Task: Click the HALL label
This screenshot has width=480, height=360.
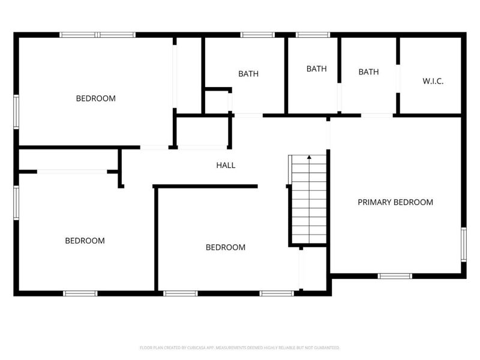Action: [226, 165]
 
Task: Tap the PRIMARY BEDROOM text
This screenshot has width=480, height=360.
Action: [395, 202]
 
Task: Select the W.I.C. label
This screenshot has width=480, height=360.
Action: [433, 81]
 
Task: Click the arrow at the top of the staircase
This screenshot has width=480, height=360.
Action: [309, 158]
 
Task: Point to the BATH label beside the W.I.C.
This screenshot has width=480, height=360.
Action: [368, 72]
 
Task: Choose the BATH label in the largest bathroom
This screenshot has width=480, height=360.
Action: [248, 74]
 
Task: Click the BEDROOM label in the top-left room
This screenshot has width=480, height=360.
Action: [95, 98]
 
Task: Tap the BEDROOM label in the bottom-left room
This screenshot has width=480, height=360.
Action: [85, 241]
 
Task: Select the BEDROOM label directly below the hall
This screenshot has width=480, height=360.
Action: [226, 247]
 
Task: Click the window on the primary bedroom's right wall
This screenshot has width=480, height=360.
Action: [463, 244]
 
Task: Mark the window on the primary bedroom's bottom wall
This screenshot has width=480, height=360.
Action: [395, 276]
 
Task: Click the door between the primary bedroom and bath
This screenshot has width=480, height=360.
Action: [377, 115]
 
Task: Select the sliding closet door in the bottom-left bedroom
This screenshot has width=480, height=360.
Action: [72, 172]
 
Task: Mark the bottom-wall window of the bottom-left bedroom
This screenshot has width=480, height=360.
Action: [80, 293]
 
